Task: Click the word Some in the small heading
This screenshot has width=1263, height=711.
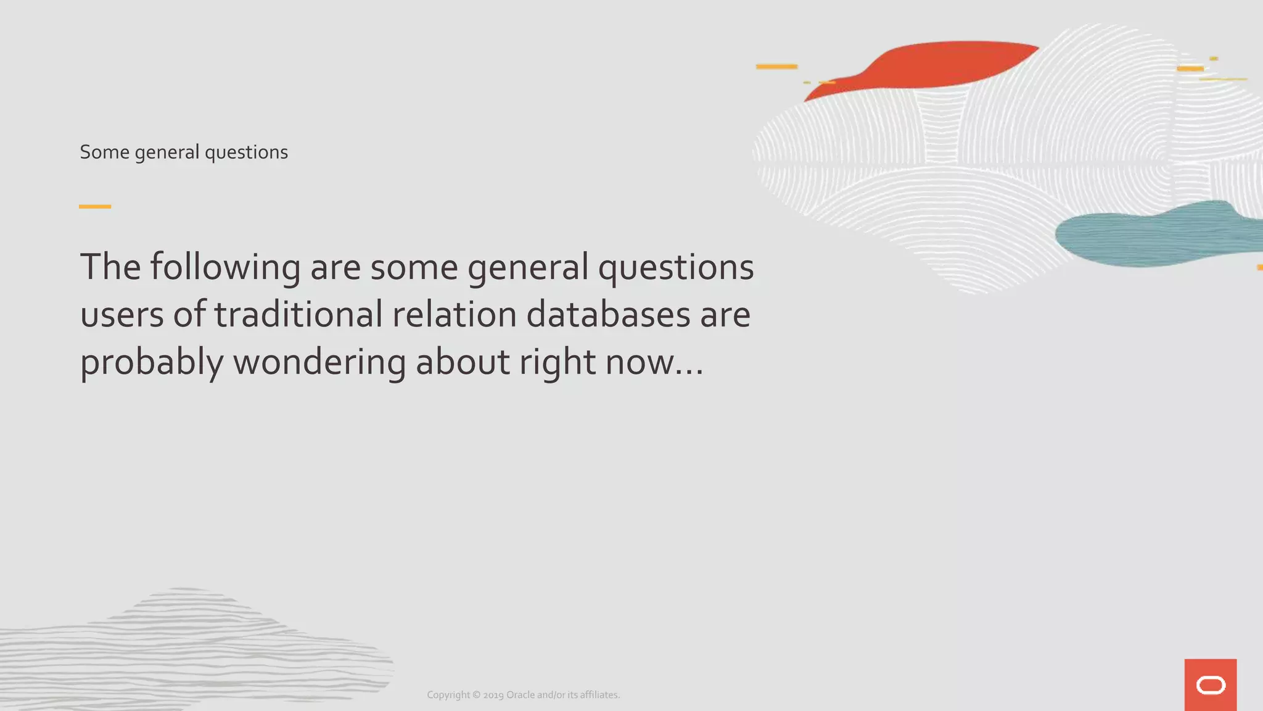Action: pos(104,152)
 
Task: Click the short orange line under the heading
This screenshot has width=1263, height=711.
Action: pos(95,206)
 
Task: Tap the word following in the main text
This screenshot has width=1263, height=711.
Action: pos(225,268)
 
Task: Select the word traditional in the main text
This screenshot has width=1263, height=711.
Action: pos(298,314)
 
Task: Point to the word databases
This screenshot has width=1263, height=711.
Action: pos(608,314)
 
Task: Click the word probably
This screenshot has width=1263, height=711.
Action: pos(152,362)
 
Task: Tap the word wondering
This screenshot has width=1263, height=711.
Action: pos(319,362)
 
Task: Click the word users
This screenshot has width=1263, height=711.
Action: pos(122,315)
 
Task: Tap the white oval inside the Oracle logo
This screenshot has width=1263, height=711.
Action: pos(1211,685)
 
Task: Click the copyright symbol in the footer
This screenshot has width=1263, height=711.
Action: pos(476,695)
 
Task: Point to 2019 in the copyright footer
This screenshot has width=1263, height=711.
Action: pos(493,695)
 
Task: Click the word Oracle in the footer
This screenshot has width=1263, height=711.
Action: pos(520,695)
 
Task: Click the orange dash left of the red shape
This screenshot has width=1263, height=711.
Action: pos(776,67)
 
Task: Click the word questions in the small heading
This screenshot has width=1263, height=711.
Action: pos(246,152)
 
